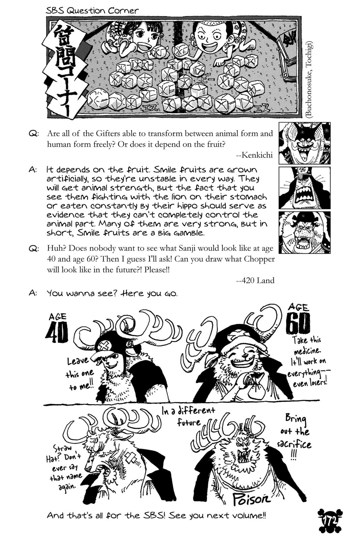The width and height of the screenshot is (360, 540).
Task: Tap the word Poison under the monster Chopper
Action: [252, 498]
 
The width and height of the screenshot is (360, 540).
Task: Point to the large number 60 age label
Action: [298, 324]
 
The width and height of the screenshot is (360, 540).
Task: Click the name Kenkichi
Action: [255, 155]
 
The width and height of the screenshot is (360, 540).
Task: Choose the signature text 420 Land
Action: [255, 280]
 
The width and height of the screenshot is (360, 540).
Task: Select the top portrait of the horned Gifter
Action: [304, 143]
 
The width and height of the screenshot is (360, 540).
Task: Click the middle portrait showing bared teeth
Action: [304, 188]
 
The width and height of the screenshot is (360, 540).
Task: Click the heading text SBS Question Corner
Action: [92, 10]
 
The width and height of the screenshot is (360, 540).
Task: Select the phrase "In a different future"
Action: [189, 416]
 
